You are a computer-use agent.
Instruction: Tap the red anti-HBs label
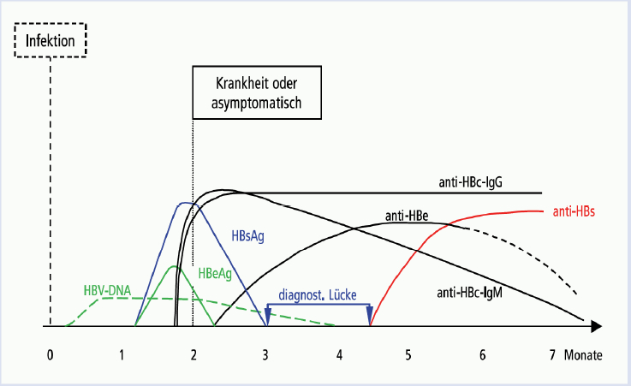[x=574, y=211]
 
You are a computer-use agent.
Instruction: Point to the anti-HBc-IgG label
[x=470, y=182]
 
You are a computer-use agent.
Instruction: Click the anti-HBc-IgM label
[x=470, y=293]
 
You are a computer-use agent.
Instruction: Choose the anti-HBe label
[x=407, y=216]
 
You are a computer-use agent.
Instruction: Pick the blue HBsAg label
[x=248, y=235]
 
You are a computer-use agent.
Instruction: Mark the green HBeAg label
[x=215, y=274]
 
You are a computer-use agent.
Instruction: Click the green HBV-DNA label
[x=107, y=290]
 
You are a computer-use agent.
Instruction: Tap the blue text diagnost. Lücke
[x=318, y=295]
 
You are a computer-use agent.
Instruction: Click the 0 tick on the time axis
[x=50, y=355]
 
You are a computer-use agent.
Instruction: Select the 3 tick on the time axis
[x=265, y=355]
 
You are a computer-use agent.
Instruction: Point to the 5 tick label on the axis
[x=408, y=355]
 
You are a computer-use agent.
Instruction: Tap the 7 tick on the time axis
[x=552, y=355]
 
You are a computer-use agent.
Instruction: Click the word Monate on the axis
[x=583, y=355]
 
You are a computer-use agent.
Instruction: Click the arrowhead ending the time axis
[x=597, y=326]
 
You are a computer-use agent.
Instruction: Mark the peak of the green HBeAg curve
[x=175, y=266]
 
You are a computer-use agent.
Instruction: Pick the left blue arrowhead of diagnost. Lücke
[x=268, y=311]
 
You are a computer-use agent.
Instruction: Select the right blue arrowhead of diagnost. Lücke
[x=370, y=311]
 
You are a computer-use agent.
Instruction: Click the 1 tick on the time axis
[x=122, y=355]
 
